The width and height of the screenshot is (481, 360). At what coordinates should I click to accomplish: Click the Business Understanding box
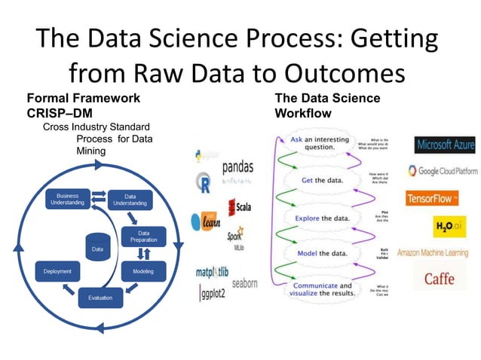[x=67, y=200]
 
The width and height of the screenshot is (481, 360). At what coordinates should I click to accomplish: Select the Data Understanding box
[x=130, y=200]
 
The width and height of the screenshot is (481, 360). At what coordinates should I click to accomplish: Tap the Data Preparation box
[x=143, y=236]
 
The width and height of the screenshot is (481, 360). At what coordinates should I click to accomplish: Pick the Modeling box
[x=143, y=271]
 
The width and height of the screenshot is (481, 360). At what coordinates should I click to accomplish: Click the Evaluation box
[x=100, y=297]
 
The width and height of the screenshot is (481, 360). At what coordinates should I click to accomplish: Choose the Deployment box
[x=57, y=271]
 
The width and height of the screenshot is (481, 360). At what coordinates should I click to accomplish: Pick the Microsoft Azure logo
[x=445, y=144]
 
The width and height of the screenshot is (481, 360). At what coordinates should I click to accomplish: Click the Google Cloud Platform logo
[x=442, y=171]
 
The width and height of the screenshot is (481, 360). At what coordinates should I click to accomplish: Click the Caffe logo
[x=439, y=278]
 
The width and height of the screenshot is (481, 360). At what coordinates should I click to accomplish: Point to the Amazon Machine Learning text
[x=433, y=252]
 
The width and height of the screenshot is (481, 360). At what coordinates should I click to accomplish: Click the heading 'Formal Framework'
[x=83, y=98]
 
